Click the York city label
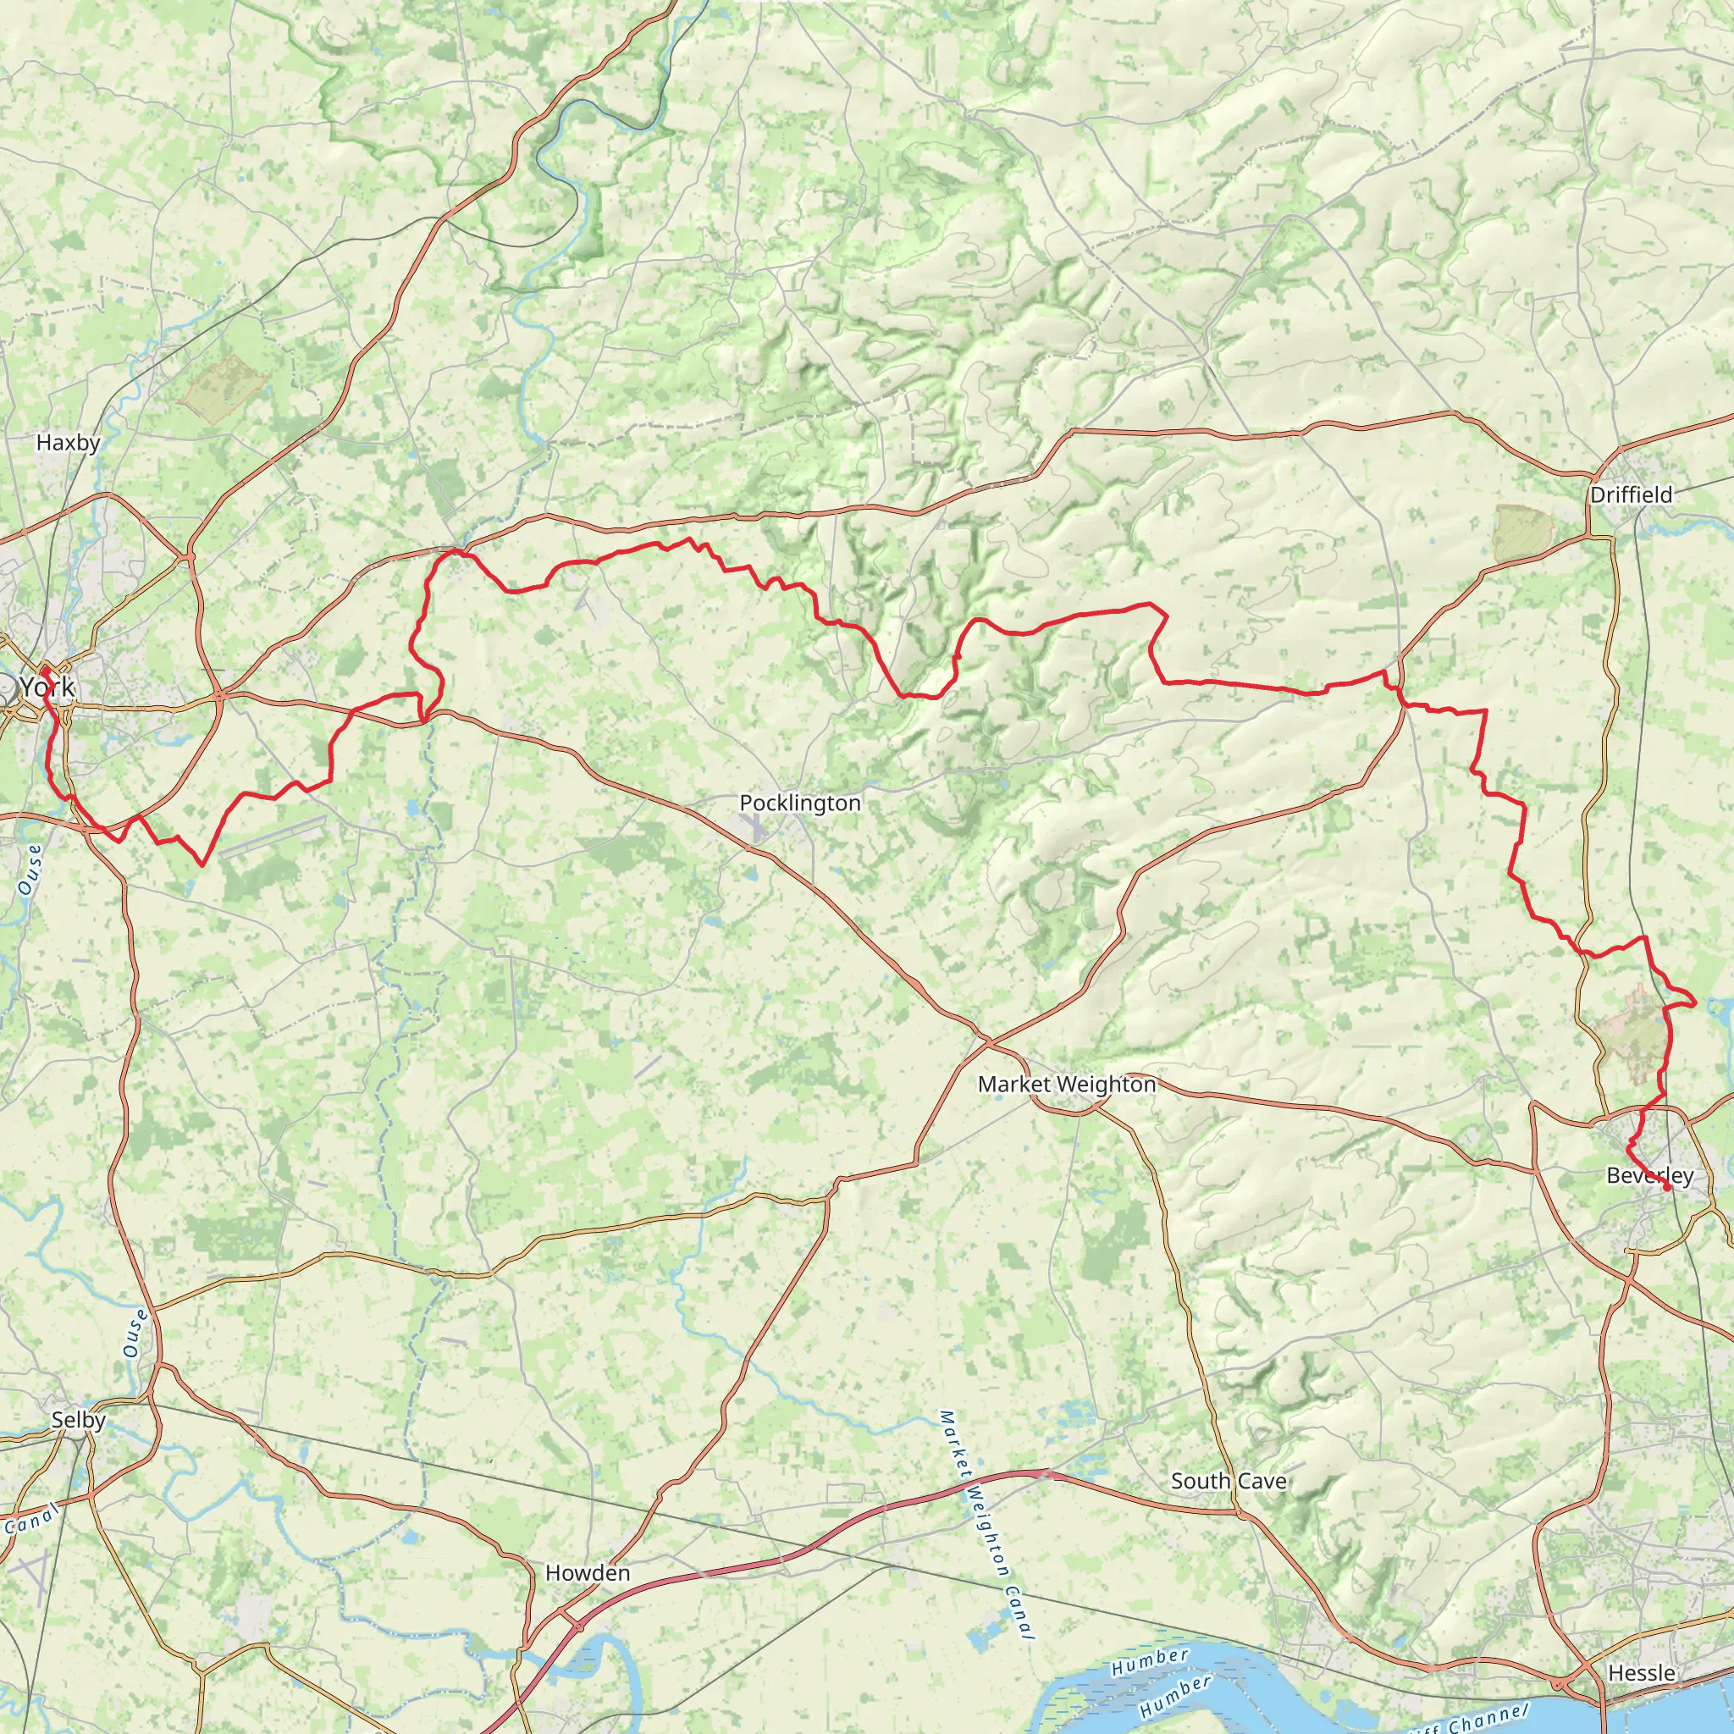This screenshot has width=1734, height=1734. point(47,688)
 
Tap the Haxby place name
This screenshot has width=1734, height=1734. point(69,443)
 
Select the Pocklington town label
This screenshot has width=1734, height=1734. point(799,803)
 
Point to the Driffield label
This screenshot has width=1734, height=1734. point(1631,494)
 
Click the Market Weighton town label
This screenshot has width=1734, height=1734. point(1066,1085)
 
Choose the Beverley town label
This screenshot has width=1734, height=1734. point(1649,1176)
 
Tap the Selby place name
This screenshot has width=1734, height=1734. point(79,1421)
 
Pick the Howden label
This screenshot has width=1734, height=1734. point(588,1573)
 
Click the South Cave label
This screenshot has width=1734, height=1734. point(1228,1481)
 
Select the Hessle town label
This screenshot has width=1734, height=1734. point(1642,1673)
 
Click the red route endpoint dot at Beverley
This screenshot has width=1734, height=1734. point(1666,1187)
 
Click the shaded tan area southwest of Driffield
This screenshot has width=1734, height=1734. point(1523,534)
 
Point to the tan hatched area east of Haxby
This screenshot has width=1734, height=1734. point(224,389)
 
